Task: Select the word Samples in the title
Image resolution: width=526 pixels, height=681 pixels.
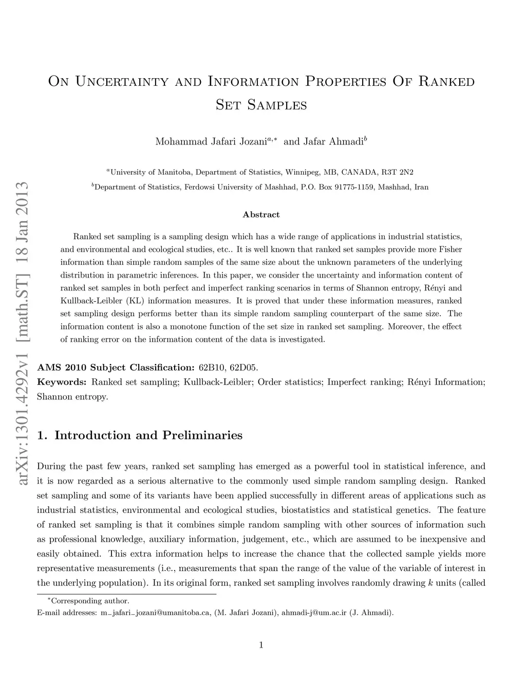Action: click(277, 105)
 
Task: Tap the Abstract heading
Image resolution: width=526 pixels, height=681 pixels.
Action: click(261, 214)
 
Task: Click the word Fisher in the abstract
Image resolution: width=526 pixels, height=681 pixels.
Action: click(451, 249)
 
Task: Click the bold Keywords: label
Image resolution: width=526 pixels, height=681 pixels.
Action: click(62, 382)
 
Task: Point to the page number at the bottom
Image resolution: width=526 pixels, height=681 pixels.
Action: click(261, 646)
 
